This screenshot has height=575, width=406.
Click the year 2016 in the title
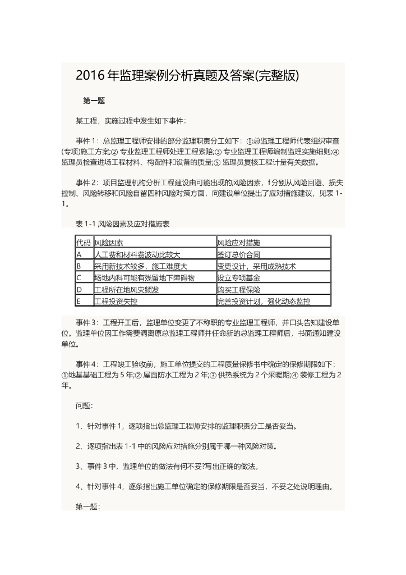coord(89,76)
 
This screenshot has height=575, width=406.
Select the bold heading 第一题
coord(94,101)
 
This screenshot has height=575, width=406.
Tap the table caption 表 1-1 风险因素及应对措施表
coord(123,223)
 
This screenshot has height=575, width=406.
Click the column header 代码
coord(83,243)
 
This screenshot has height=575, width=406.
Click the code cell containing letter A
coord(79,254)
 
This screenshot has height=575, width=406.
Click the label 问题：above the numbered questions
coord(85,405)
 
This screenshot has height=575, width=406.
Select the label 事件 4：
coord(88,364)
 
